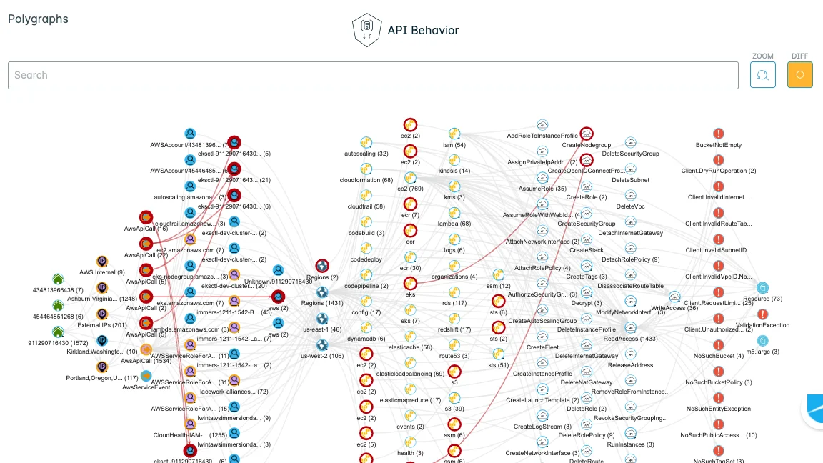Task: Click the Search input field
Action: [371, 75]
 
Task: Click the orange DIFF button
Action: [799, 75]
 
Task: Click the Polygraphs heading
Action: [38, 19]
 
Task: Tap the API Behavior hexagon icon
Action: [365, 30]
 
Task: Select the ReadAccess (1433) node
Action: [630, 327]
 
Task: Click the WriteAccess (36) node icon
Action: [674, 297]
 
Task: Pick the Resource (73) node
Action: [762, 288]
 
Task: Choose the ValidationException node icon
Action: [762, 314]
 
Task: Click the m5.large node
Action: [762, 341]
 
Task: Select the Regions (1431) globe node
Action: [322, 292]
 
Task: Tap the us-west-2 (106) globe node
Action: [322, 345]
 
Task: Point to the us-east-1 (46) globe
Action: [322, 319]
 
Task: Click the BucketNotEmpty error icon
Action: [719, 134]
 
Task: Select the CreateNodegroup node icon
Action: [587, 134]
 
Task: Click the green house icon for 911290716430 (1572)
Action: [58, 332]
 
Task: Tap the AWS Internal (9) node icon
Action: [102, 262]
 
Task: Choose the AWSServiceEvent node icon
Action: [146, 376]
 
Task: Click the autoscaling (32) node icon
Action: [366, 142]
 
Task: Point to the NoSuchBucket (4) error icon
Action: [719, 344]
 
